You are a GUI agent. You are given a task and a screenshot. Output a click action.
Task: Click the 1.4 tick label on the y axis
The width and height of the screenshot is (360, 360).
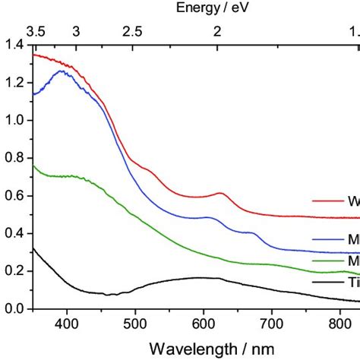[x=14, y=45]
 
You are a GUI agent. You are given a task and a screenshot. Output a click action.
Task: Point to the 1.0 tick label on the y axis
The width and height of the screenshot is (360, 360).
[x=14, y=121]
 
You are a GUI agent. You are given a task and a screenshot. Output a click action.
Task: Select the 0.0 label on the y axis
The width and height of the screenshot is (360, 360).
[x=14, y=309]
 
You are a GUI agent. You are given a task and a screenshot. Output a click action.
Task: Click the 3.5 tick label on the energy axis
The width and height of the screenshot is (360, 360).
[x=36, y=31]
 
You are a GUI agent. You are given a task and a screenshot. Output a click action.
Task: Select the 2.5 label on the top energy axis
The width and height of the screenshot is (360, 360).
[x=132, y=31]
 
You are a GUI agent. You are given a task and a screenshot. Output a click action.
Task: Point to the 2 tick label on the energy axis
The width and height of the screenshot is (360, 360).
[x=218, y=31]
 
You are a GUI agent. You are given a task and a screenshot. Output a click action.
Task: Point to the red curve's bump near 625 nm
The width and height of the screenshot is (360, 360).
[x=220, y=194]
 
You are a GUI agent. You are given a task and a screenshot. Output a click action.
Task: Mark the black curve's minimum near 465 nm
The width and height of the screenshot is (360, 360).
[x=112, y=294]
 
